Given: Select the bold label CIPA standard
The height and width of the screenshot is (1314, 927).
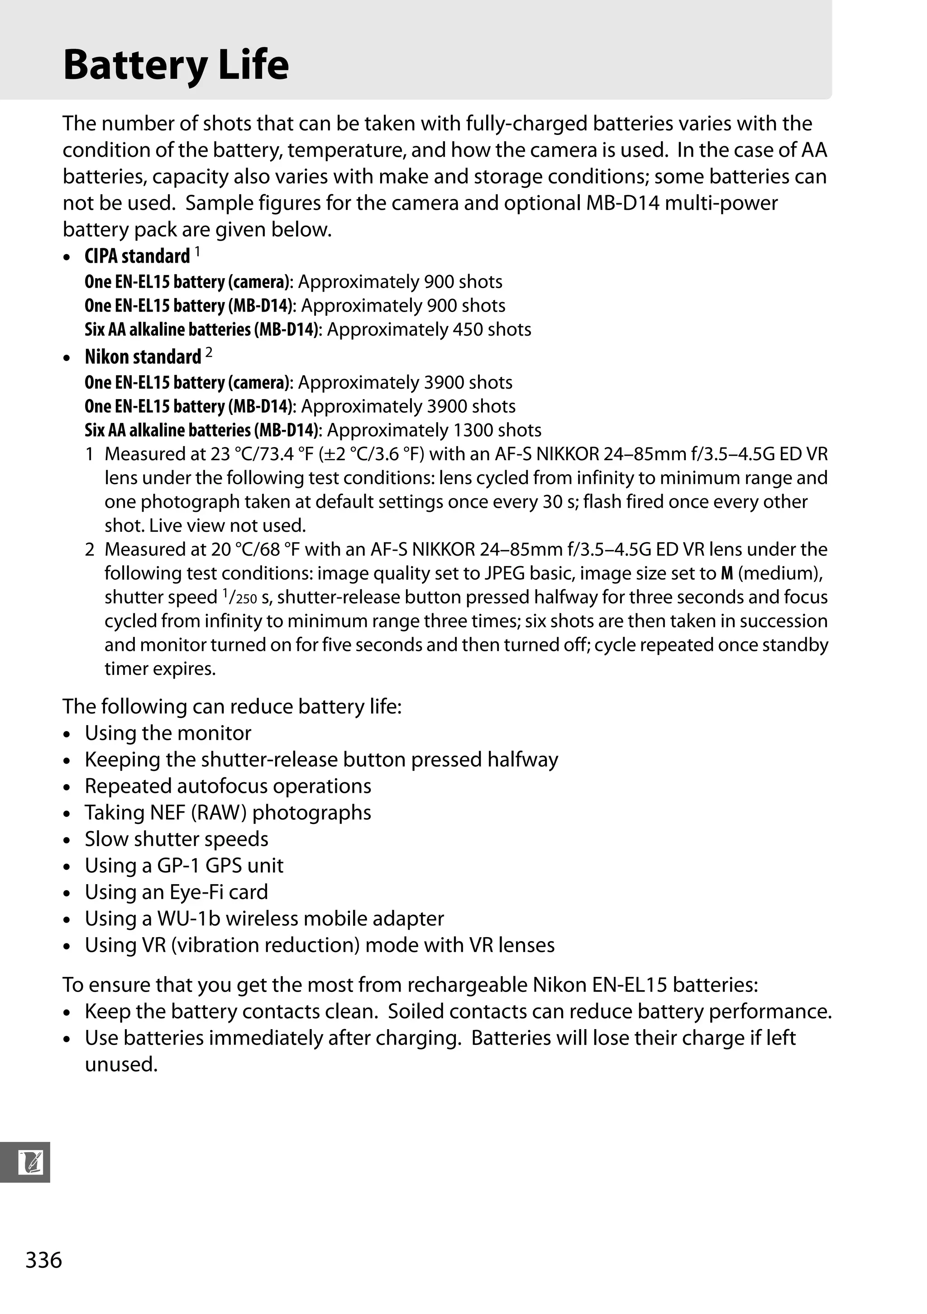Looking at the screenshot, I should point(137,256).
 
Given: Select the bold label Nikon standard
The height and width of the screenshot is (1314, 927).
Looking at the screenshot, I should point(143,356).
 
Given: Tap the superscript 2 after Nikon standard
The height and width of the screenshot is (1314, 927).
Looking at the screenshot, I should point(209,352).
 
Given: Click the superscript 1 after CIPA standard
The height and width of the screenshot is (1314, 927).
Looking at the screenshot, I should point(197,251).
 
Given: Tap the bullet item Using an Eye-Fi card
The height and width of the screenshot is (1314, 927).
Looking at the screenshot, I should point(176,892).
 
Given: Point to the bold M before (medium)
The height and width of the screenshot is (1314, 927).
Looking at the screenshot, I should point(726,573).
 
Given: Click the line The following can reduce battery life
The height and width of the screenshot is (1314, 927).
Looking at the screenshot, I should point(232,706).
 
